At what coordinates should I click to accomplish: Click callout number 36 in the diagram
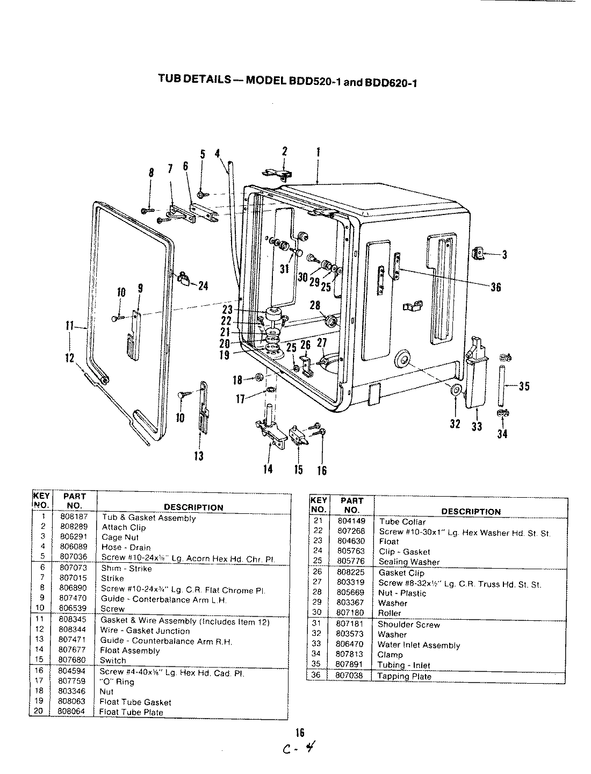pos(495,287)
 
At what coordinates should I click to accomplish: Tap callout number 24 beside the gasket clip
pos(203,285)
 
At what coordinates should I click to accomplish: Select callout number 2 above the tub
pos(285,152)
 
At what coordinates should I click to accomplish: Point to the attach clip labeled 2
pos(280,173)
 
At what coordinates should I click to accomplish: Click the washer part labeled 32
pos(456,390)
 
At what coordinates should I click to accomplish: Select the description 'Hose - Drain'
pos(126,547)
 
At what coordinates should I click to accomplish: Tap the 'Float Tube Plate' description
pos(131,712)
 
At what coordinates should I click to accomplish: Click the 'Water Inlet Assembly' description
pos(419,645)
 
